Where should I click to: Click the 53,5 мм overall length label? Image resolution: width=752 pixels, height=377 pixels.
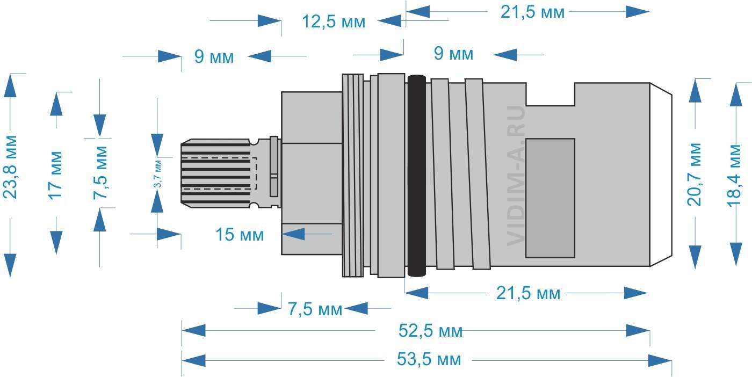429,359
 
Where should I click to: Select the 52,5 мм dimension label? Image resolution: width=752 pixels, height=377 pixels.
430,331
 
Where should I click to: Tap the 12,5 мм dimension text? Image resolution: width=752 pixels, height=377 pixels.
334,22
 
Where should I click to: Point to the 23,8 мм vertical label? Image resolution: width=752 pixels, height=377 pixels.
10,167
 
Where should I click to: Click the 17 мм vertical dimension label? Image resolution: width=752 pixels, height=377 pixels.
55,175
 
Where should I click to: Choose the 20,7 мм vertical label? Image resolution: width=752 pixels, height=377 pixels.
694,175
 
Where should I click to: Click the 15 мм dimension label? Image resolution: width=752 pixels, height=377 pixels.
240,235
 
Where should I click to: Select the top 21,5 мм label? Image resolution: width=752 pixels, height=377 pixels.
532,12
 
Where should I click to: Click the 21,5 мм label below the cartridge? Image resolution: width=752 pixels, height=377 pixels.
529,293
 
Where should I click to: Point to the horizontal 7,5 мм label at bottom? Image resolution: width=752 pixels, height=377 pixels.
315,309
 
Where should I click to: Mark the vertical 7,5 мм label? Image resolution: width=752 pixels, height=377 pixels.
100,172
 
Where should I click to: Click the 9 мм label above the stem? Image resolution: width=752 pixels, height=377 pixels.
214,56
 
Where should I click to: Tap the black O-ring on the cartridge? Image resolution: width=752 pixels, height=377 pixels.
417,176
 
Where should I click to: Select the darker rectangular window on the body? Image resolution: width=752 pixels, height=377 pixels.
550,198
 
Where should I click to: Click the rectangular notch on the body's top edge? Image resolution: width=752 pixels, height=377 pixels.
550,95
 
